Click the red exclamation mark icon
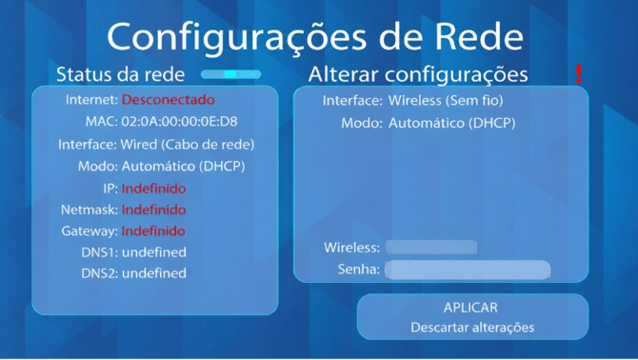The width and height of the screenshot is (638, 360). [578, 74]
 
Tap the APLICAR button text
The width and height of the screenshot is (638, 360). [470, 308]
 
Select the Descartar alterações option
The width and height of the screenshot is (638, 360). [472, 328]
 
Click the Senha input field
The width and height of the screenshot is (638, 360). [468, 270]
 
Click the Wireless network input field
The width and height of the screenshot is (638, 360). [431, 248]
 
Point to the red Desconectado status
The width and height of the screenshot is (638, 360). [168, 100]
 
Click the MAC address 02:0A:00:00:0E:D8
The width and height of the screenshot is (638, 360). [179, 122]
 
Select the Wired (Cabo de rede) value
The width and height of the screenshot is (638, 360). [188, 145]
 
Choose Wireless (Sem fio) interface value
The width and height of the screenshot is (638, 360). [446, 100]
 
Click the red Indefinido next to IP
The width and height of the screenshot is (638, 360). [154, 189]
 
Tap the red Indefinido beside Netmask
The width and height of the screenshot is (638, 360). [154, 210]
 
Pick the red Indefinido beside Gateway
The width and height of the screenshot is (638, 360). [153, 231]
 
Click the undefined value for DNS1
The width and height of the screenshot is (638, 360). [154, 252]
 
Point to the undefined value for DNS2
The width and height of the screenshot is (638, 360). [154, 273]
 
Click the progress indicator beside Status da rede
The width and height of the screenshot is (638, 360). [230, 74]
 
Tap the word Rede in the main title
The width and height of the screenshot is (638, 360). [479, 37]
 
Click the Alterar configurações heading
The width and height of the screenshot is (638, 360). [418, 74]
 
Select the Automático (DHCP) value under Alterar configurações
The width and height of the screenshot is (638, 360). [451, 123]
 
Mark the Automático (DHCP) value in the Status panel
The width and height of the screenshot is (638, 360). [184, 167]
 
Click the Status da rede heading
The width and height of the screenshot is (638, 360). [120, 74]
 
